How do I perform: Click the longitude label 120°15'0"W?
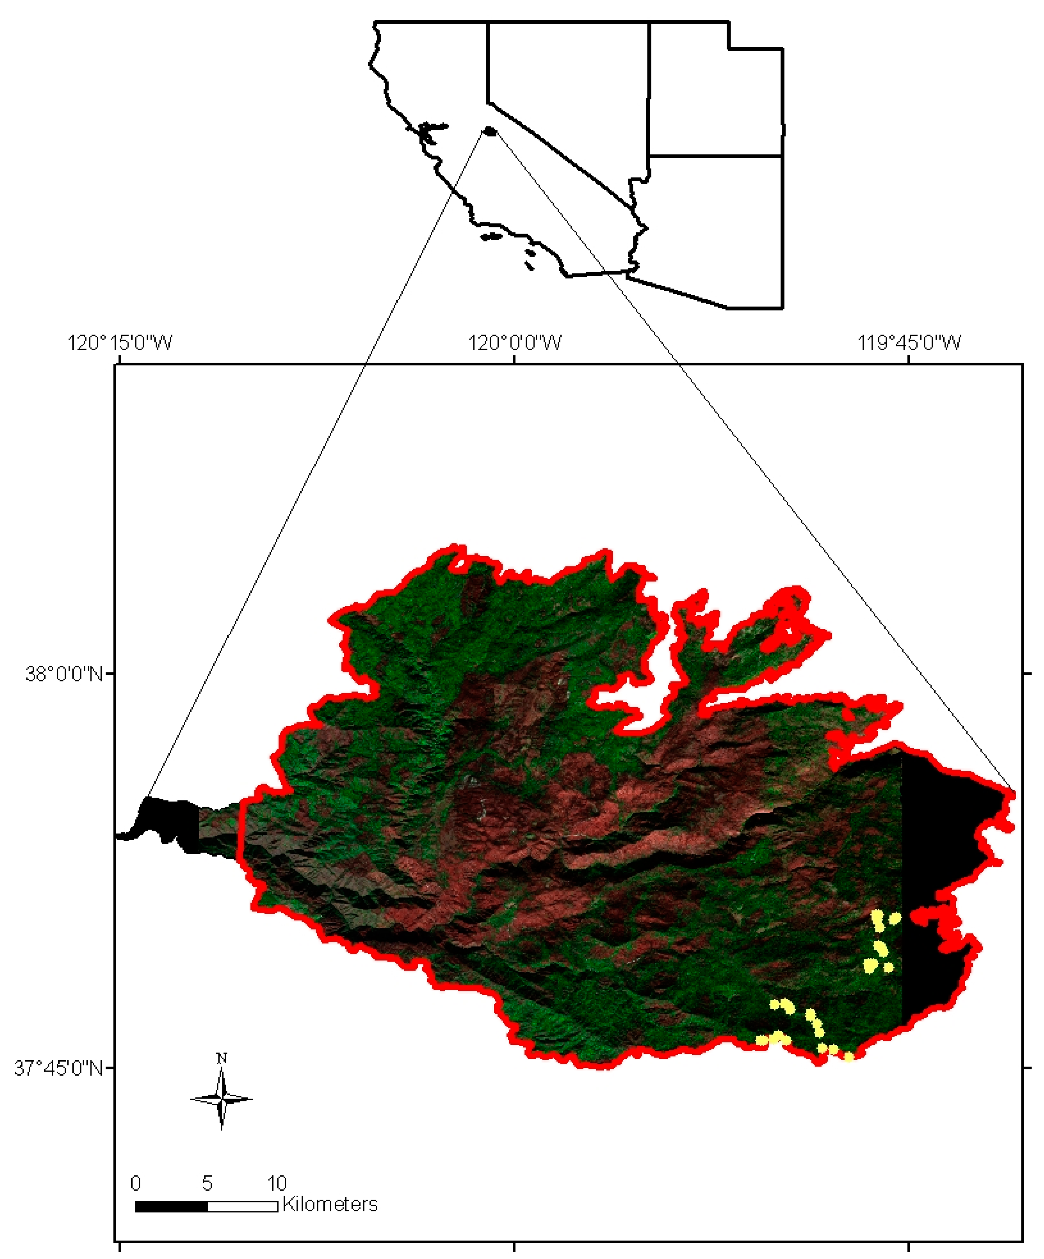120,343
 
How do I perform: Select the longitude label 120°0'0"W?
515,343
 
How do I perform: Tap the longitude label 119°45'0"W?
909,343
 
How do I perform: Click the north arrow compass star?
221,1099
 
